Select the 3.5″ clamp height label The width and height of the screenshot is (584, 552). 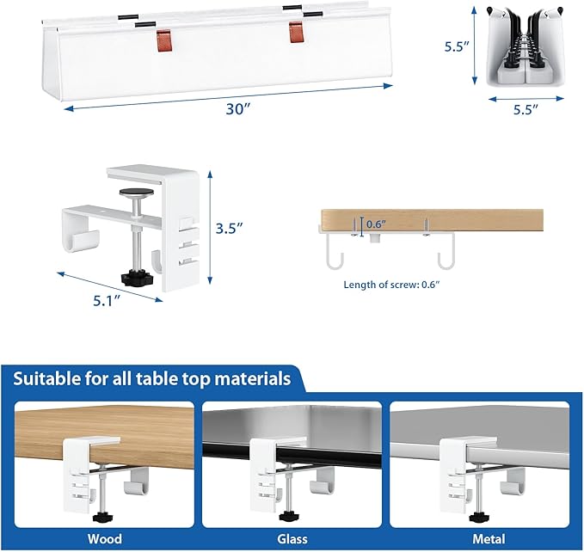[229, 228]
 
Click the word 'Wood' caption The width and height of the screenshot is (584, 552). [104, 539]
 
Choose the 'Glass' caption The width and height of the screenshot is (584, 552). [292, 539]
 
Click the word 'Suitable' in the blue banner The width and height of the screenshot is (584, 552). [54, 378]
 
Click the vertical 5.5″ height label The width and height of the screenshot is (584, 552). [455, 48]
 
